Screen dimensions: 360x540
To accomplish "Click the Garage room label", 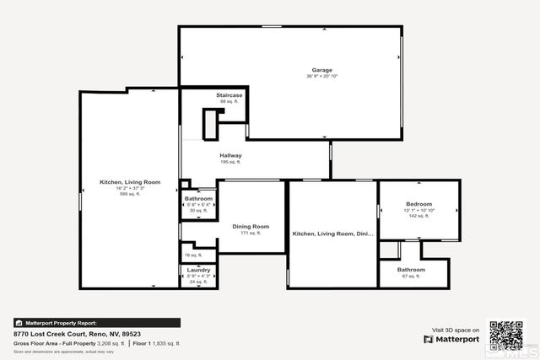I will tap(321, 70).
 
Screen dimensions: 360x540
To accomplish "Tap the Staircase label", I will tap(229, 95).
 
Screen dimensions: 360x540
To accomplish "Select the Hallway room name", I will tap(231, 155).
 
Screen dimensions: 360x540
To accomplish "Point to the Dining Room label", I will tap(251, 226).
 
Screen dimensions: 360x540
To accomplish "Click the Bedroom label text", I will tap(418, 204).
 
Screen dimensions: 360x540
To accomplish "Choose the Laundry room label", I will tap(198, 270).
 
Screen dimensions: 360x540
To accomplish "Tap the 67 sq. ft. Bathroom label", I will tap(411, 270).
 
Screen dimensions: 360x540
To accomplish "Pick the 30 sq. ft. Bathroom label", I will tap(199, 198).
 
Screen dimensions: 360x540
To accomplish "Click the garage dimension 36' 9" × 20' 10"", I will tap(321, 77).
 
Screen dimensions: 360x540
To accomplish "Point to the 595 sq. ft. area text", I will tap(130, 193).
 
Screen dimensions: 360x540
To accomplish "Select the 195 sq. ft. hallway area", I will tap(231, 162).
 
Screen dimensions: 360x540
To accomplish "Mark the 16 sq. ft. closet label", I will tap(193, 255).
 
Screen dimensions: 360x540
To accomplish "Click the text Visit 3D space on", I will tap(456, 330).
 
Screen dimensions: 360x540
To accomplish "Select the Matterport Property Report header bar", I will tap(96, 322).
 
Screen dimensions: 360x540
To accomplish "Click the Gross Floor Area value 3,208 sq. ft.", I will tap(105, 343).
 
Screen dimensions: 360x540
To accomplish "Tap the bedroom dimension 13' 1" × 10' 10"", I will tap(418, 211).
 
